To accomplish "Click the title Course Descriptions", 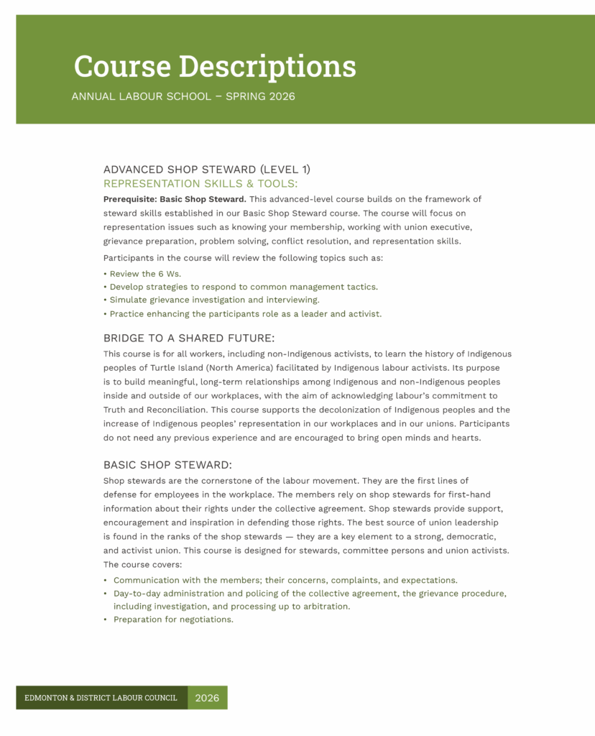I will [x=214, y=66].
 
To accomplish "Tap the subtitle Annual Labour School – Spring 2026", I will [x=183, y=96].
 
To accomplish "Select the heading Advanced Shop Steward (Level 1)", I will [x=207, y=170].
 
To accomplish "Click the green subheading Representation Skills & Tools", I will [x=200, y=183].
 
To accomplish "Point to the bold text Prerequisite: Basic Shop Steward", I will [x=175, y=199].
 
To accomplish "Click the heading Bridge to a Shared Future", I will [x=189, y=338].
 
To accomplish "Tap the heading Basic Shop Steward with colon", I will [x=167, y=464].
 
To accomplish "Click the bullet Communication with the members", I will [x=285, y=580].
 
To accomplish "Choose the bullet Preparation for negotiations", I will [x=173, y=620].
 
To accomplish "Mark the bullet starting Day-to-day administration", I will [x=310, y=594].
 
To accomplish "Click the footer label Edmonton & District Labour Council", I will [x=101, y=698].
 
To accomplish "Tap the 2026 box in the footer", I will [x=207, y=698].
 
